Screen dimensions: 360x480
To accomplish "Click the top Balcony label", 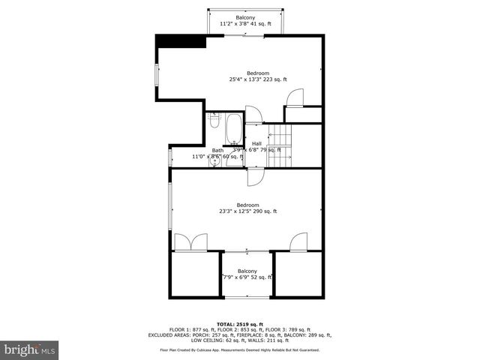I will pos(244,17).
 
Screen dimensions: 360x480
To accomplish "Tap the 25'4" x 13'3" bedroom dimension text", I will pos(258,79).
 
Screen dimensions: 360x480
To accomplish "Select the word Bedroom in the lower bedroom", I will pos(247,205).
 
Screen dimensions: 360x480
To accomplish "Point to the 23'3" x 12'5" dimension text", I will pos(247,211).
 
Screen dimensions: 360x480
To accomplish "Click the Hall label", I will pos(256,143).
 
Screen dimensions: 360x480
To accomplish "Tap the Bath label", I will pos(217,150).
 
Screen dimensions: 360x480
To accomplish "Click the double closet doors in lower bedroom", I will pos(190,242).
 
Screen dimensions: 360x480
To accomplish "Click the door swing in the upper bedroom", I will pos(294,97).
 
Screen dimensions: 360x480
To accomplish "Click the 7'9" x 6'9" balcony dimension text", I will pos(247,277).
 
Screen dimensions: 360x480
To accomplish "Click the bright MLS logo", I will pos(30,349).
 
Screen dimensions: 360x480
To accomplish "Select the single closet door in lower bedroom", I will pos(298,241).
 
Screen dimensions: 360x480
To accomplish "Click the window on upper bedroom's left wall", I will pos(157,76).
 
